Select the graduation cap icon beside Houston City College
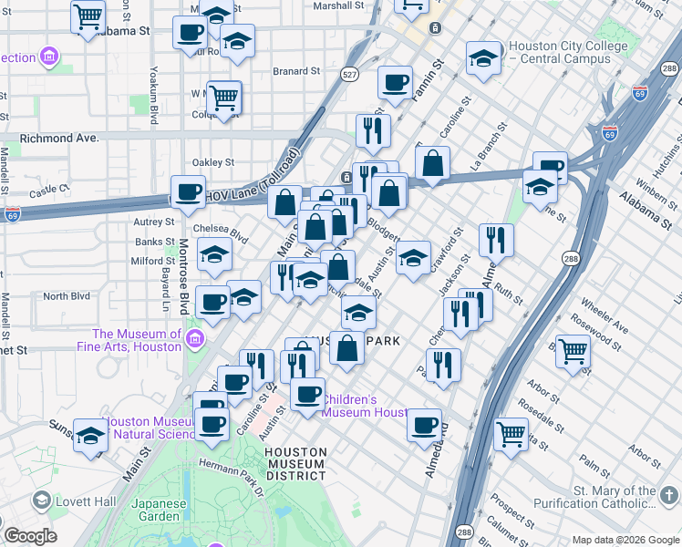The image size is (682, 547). pyautogui.click(x=483, y=59)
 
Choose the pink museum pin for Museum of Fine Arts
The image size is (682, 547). pyautogui.click(x=194, y=340)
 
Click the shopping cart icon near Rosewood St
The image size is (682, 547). pyautogui.click(x=573, y=350)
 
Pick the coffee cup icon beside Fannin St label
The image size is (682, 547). pyautogui.click(x=395, y=83)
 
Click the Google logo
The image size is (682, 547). pyautogui.click(x=29, y=535)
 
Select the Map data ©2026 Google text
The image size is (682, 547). pyautogui.click(x=625, y=540)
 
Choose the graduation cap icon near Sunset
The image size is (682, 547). pyautogui.click(x=91, y=435)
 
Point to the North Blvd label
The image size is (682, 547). pyautogui.click(x=67, y=296)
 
